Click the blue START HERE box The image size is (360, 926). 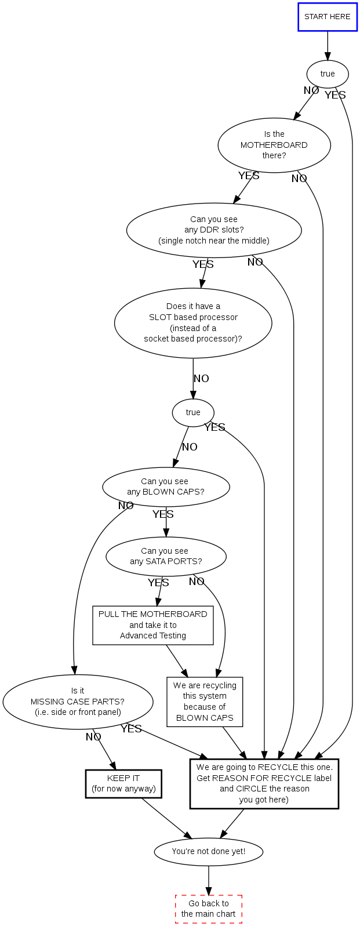click(327, 17)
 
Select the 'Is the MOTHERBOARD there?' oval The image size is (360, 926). click(274, 145)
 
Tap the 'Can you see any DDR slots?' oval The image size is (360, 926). click(214, 230)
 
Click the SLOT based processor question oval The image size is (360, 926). click(193, 322)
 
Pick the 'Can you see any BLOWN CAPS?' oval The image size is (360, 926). click(166, 486)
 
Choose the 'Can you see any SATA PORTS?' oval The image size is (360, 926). click(166, 556)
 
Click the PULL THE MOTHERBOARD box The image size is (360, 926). click(153, 625)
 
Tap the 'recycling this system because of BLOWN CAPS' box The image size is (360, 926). click(205, 702)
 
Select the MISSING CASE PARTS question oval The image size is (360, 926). click(78, 702)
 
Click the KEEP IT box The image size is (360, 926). click(123, 783)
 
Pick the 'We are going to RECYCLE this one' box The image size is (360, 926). click(264, 783)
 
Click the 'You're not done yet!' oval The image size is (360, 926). click(208, 851)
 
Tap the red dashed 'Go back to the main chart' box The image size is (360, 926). click(208, 909)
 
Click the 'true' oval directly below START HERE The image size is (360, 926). click(328, 74)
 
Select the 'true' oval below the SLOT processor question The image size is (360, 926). click(193, 412)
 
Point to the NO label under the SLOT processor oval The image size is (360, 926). click(201, 379)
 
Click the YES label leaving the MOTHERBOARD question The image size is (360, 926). click(249, 176)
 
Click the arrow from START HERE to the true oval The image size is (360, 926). click(328, 45)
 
